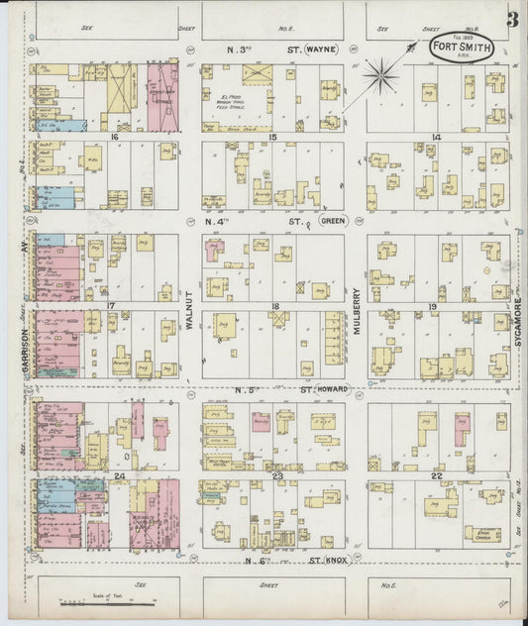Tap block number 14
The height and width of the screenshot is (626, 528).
[435, 137]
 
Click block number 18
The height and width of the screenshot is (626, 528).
[275, 307]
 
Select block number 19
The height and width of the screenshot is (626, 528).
[434, 307]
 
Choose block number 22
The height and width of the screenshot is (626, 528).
[436, 477]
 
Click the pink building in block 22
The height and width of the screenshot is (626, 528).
[461, 429]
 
